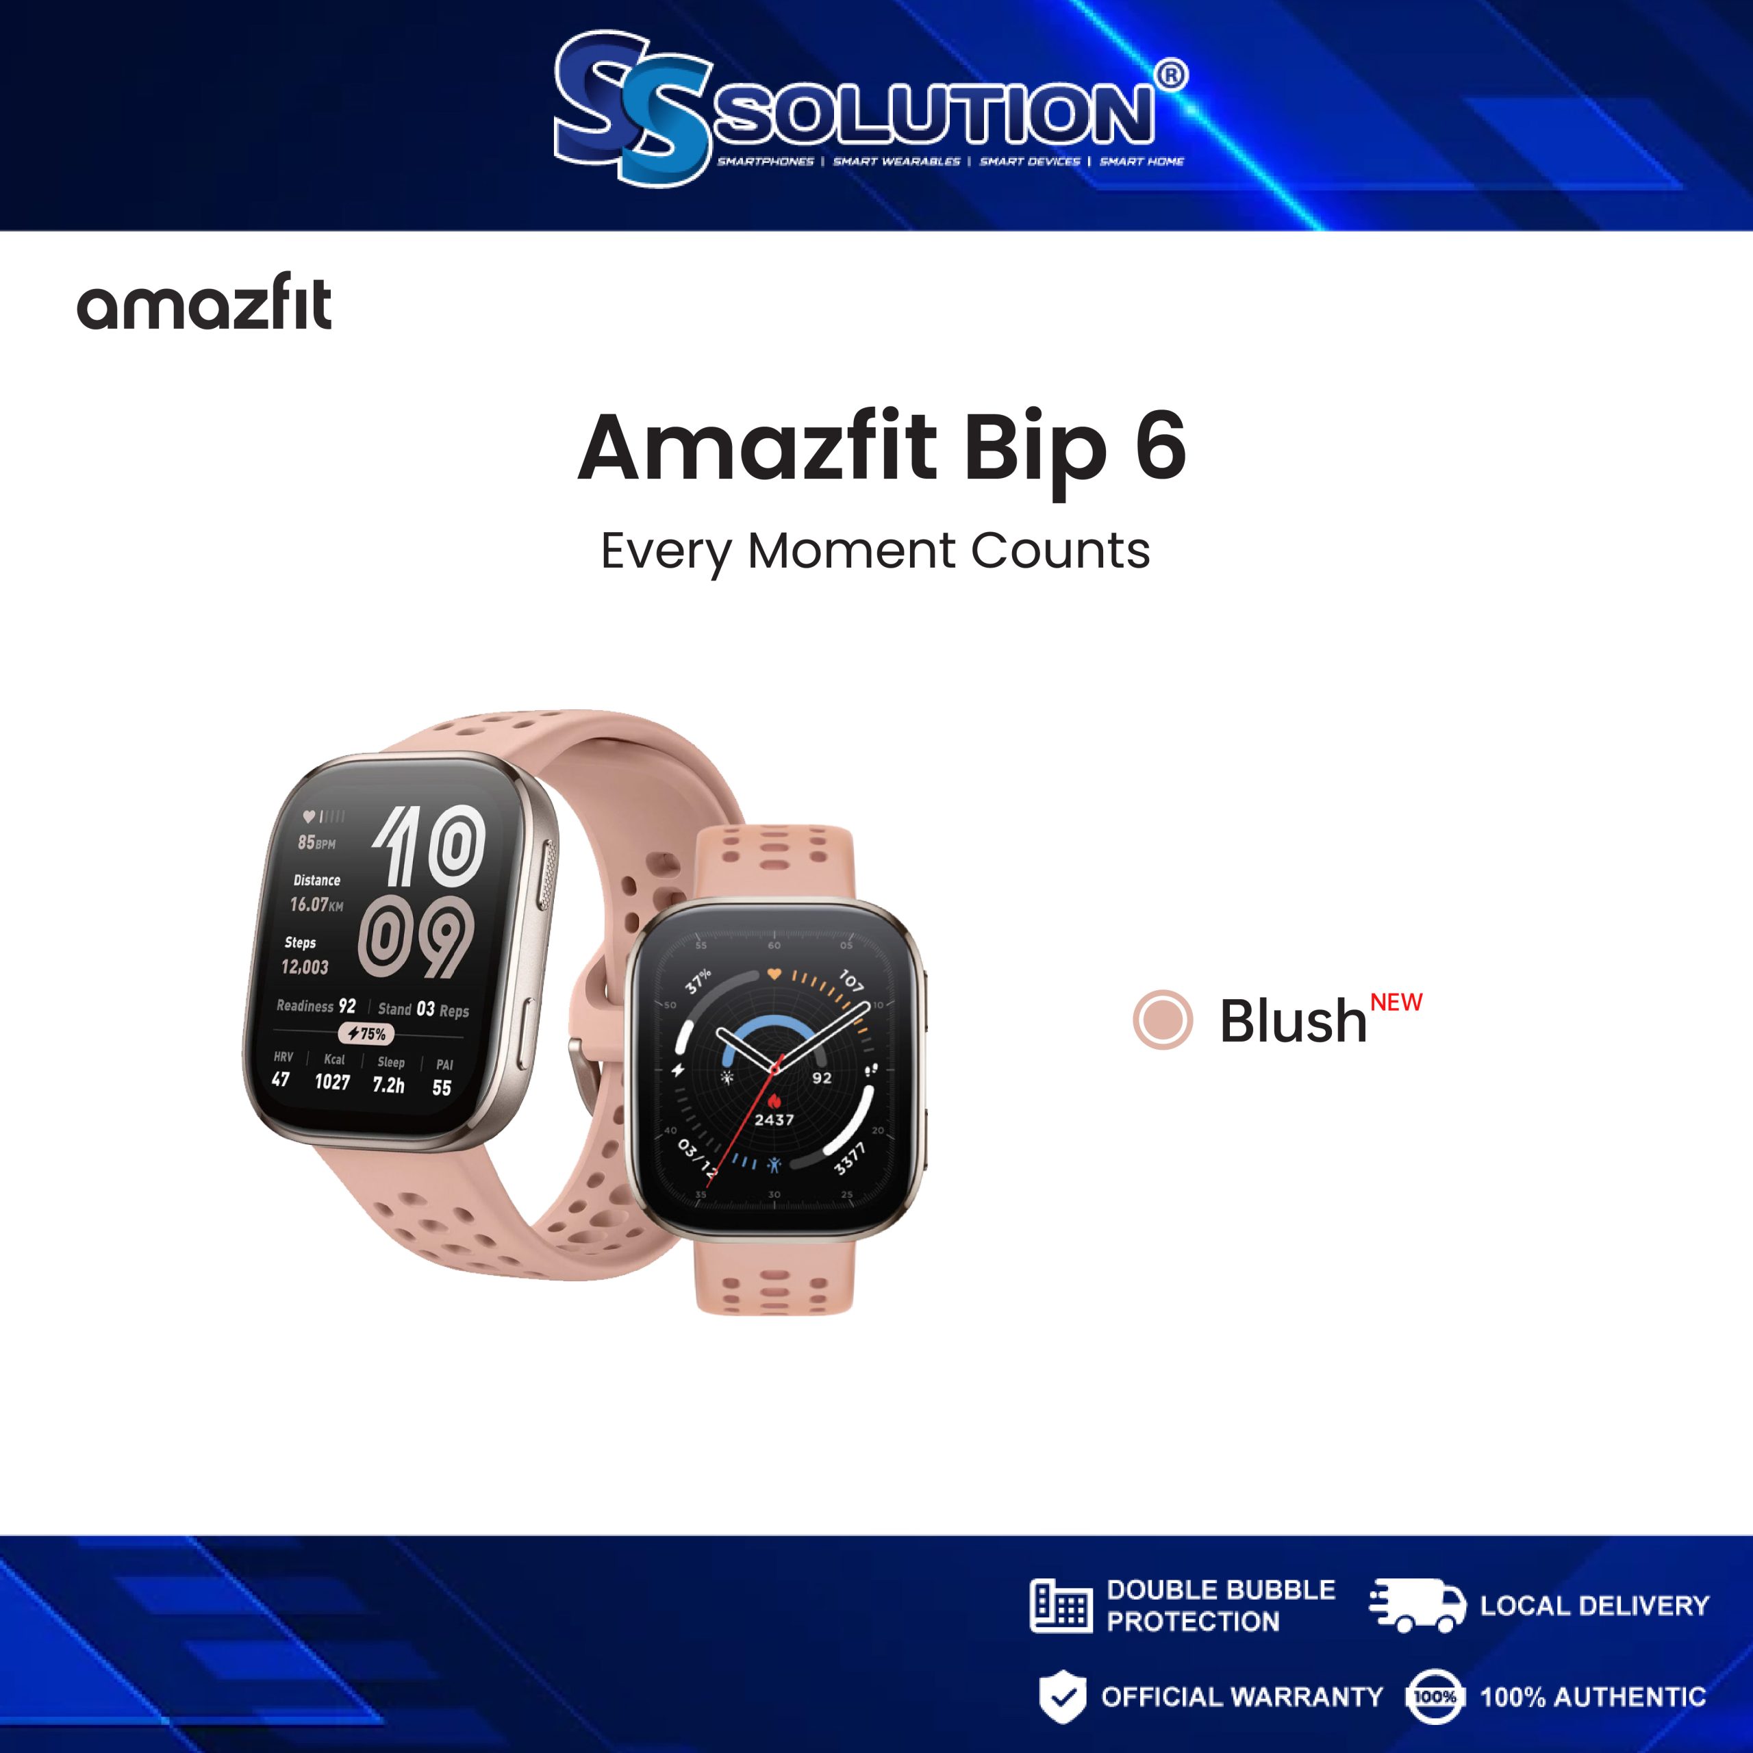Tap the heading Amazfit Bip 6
[x=881, y=446]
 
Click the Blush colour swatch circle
[x=1162, y=1019]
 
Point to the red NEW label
[x=1396, y=1002]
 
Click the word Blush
[x=1292, y=1022]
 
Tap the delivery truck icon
[x=1416, y=1605]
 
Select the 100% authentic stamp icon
[x=1434, y=1696]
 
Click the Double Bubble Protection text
[x=1220, y=1605]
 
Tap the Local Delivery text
[x=1594, y=1606]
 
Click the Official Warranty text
[x=1241, y=1697]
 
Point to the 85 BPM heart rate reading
[x=316, y=843]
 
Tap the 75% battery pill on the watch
[x=366, y=1033]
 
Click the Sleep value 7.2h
[x=388, y=1084]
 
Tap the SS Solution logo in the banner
[x=869, y=107]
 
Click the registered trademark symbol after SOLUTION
[x=1172, y=75]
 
